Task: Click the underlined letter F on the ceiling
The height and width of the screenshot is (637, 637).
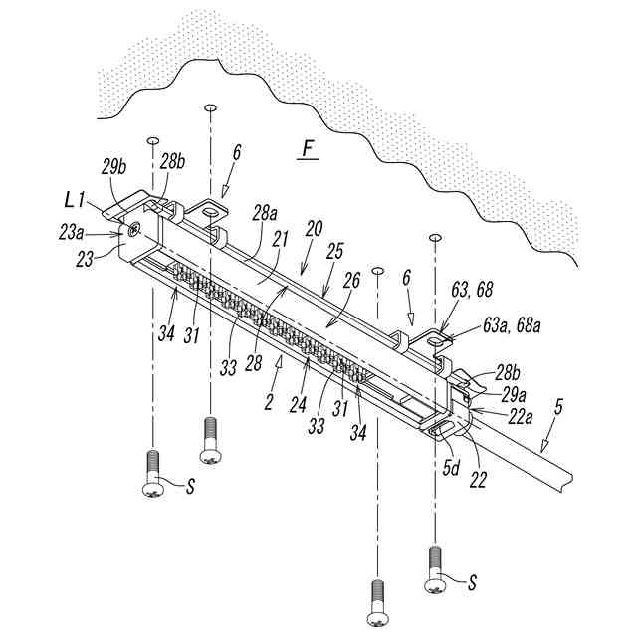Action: [x=308, y=150]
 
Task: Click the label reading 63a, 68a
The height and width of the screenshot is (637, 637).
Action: [x=512, y=322]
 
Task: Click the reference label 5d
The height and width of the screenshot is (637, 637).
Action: [x=452, y=464]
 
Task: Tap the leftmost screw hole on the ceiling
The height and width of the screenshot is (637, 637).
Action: [x=152, y=141]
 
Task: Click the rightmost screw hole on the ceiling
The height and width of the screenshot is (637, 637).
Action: [x=435, y=237]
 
